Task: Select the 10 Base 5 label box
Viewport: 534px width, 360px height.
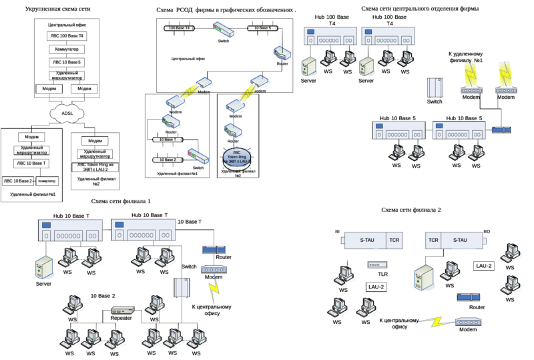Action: point(262,29)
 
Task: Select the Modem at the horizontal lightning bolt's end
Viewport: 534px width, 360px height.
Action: point(470,323)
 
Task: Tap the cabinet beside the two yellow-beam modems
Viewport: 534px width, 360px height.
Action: point(435,89)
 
